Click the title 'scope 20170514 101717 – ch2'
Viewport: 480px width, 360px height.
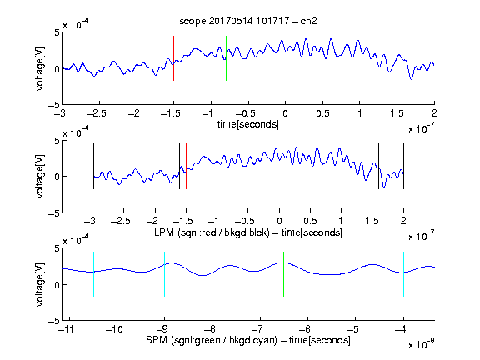[x=247, y=21]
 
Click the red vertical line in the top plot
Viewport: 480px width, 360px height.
[x=173, y=58]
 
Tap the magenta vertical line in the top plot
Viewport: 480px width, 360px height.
[x=397, y=58]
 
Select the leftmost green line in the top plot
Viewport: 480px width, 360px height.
[x=226, y=58]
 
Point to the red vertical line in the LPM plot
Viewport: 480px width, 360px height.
[x=186, y=166]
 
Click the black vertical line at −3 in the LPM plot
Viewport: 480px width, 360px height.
[x=93, y=166]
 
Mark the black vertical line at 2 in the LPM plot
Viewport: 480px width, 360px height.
[x=403, y=166]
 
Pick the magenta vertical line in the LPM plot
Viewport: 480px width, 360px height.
[x=372, y=166]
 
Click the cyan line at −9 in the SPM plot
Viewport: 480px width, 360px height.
[x=165, y=274]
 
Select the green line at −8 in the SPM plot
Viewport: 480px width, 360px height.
[x=212, y=274]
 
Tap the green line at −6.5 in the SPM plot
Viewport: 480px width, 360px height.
[x=284, y=274]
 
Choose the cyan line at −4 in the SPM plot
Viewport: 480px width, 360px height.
[x=403, y=274]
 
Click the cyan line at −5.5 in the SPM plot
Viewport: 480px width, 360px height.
[x=332, y=274]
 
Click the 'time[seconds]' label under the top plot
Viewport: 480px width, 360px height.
[x=248, y=124]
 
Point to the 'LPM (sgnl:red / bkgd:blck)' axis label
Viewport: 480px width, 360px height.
[x=212, y=232]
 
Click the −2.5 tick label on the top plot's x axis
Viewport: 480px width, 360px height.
[x=96, y=113]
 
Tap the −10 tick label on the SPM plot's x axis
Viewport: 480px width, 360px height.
[x=114, y=329]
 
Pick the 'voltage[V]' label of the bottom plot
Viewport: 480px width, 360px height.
[x=40, y=284]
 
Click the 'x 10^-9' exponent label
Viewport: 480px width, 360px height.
[x=421, y=344]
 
